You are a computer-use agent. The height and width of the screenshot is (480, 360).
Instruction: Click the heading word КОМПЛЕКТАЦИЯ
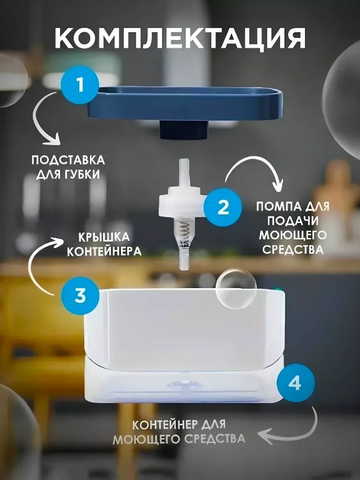[180, 38]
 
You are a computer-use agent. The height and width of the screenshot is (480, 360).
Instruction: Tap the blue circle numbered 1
[80, 84]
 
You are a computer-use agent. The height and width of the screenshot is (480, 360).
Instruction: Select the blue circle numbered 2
[223, 207]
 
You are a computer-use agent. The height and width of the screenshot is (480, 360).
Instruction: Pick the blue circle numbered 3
[80, 296]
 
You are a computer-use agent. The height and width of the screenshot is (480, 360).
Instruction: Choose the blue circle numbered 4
[296, 383]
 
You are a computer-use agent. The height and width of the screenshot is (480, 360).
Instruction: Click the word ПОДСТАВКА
[68, 160]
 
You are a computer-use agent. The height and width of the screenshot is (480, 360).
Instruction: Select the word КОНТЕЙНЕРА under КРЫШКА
[104, 252]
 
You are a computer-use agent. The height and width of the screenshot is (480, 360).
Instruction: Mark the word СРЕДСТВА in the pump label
[293, 249]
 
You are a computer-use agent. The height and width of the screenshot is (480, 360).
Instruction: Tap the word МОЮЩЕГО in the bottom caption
[146, 439]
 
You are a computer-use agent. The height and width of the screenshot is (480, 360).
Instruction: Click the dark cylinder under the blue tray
[184, 130]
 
